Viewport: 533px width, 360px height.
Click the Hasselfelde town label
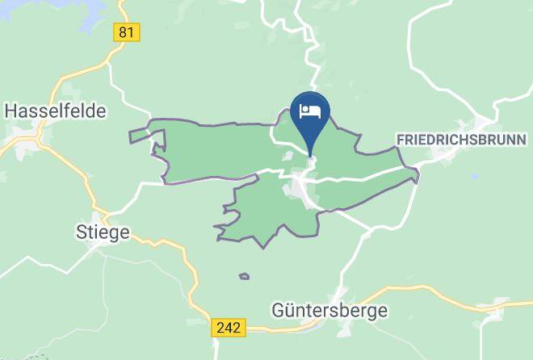tap(55, 111)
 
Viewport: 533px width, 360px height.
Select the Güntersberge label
tap(329, 309)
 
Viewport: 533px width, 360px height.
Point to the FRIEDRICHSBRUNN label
tap(461, 140)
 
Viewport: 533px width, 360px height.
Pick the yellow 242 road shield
tap(229, 327)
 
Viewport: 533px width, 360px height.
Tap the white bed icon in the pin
tap(310, 111)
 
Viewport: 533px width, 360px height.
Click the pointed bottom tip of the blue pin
tap(310, 154)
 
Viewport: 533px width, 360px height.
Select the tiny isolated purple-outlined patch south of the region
tap(244, 277)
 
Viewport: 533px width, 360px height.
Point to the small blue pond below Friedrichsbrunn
tap(475, 176)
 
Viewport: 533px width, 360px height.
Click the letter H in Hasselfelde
tap(10, 111)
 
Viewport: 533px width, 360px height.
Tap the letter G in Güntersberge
tap(279, 309)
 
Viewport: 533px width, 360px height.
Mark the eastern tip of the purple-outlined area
tap(418, 171)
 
